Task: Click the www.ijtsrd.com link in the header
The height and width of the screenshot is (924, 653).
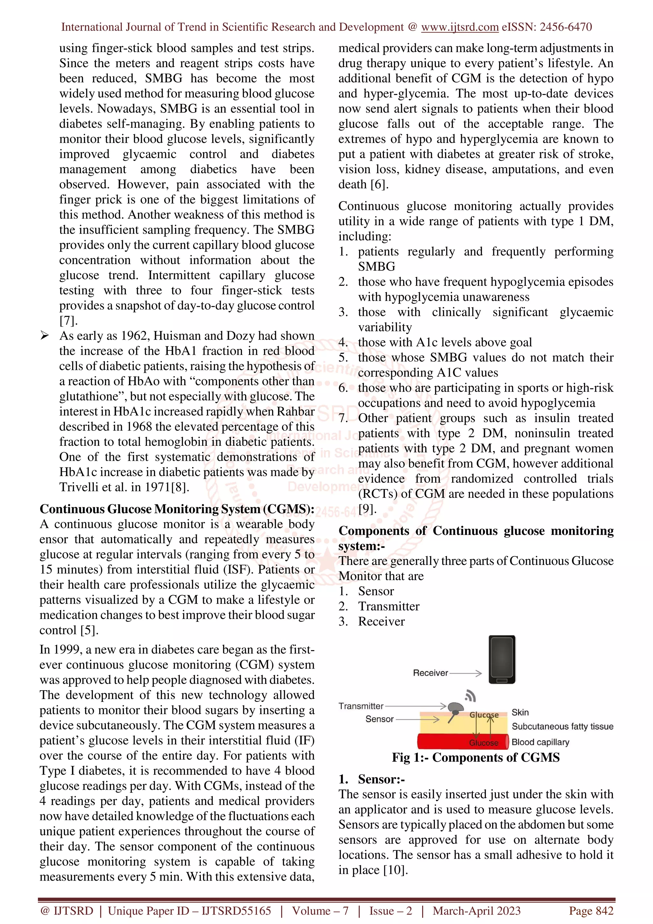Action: pos(459,27)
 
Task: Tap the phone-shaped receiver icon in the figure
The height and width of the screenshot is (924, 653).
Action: pos(502,660)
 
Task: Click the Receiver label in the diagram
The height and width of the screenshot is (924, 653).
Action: pos(430,673)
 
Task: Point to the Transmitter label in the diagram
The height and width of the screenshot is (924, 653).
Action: pos(361,706)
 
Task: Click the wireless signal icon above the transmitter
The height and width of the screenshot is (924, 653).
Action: pos(470,695)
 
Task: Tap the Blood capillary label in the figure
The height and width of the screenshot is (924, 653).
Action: pos(540,742)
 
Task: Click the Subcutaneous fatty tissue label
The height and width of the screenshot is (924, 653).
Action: pos(562,726)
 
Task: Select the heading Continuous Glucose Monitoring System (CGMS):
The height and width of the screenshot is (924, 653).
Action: pos(177,509)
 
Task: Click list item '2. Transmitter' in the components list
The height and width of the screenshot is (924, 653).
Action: pos(379,606)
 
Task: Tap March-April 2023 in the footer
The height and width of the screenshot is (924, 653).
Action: pos(476,911)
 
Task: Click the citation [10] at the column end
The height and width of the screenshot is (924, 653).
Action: pos(395,870)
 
